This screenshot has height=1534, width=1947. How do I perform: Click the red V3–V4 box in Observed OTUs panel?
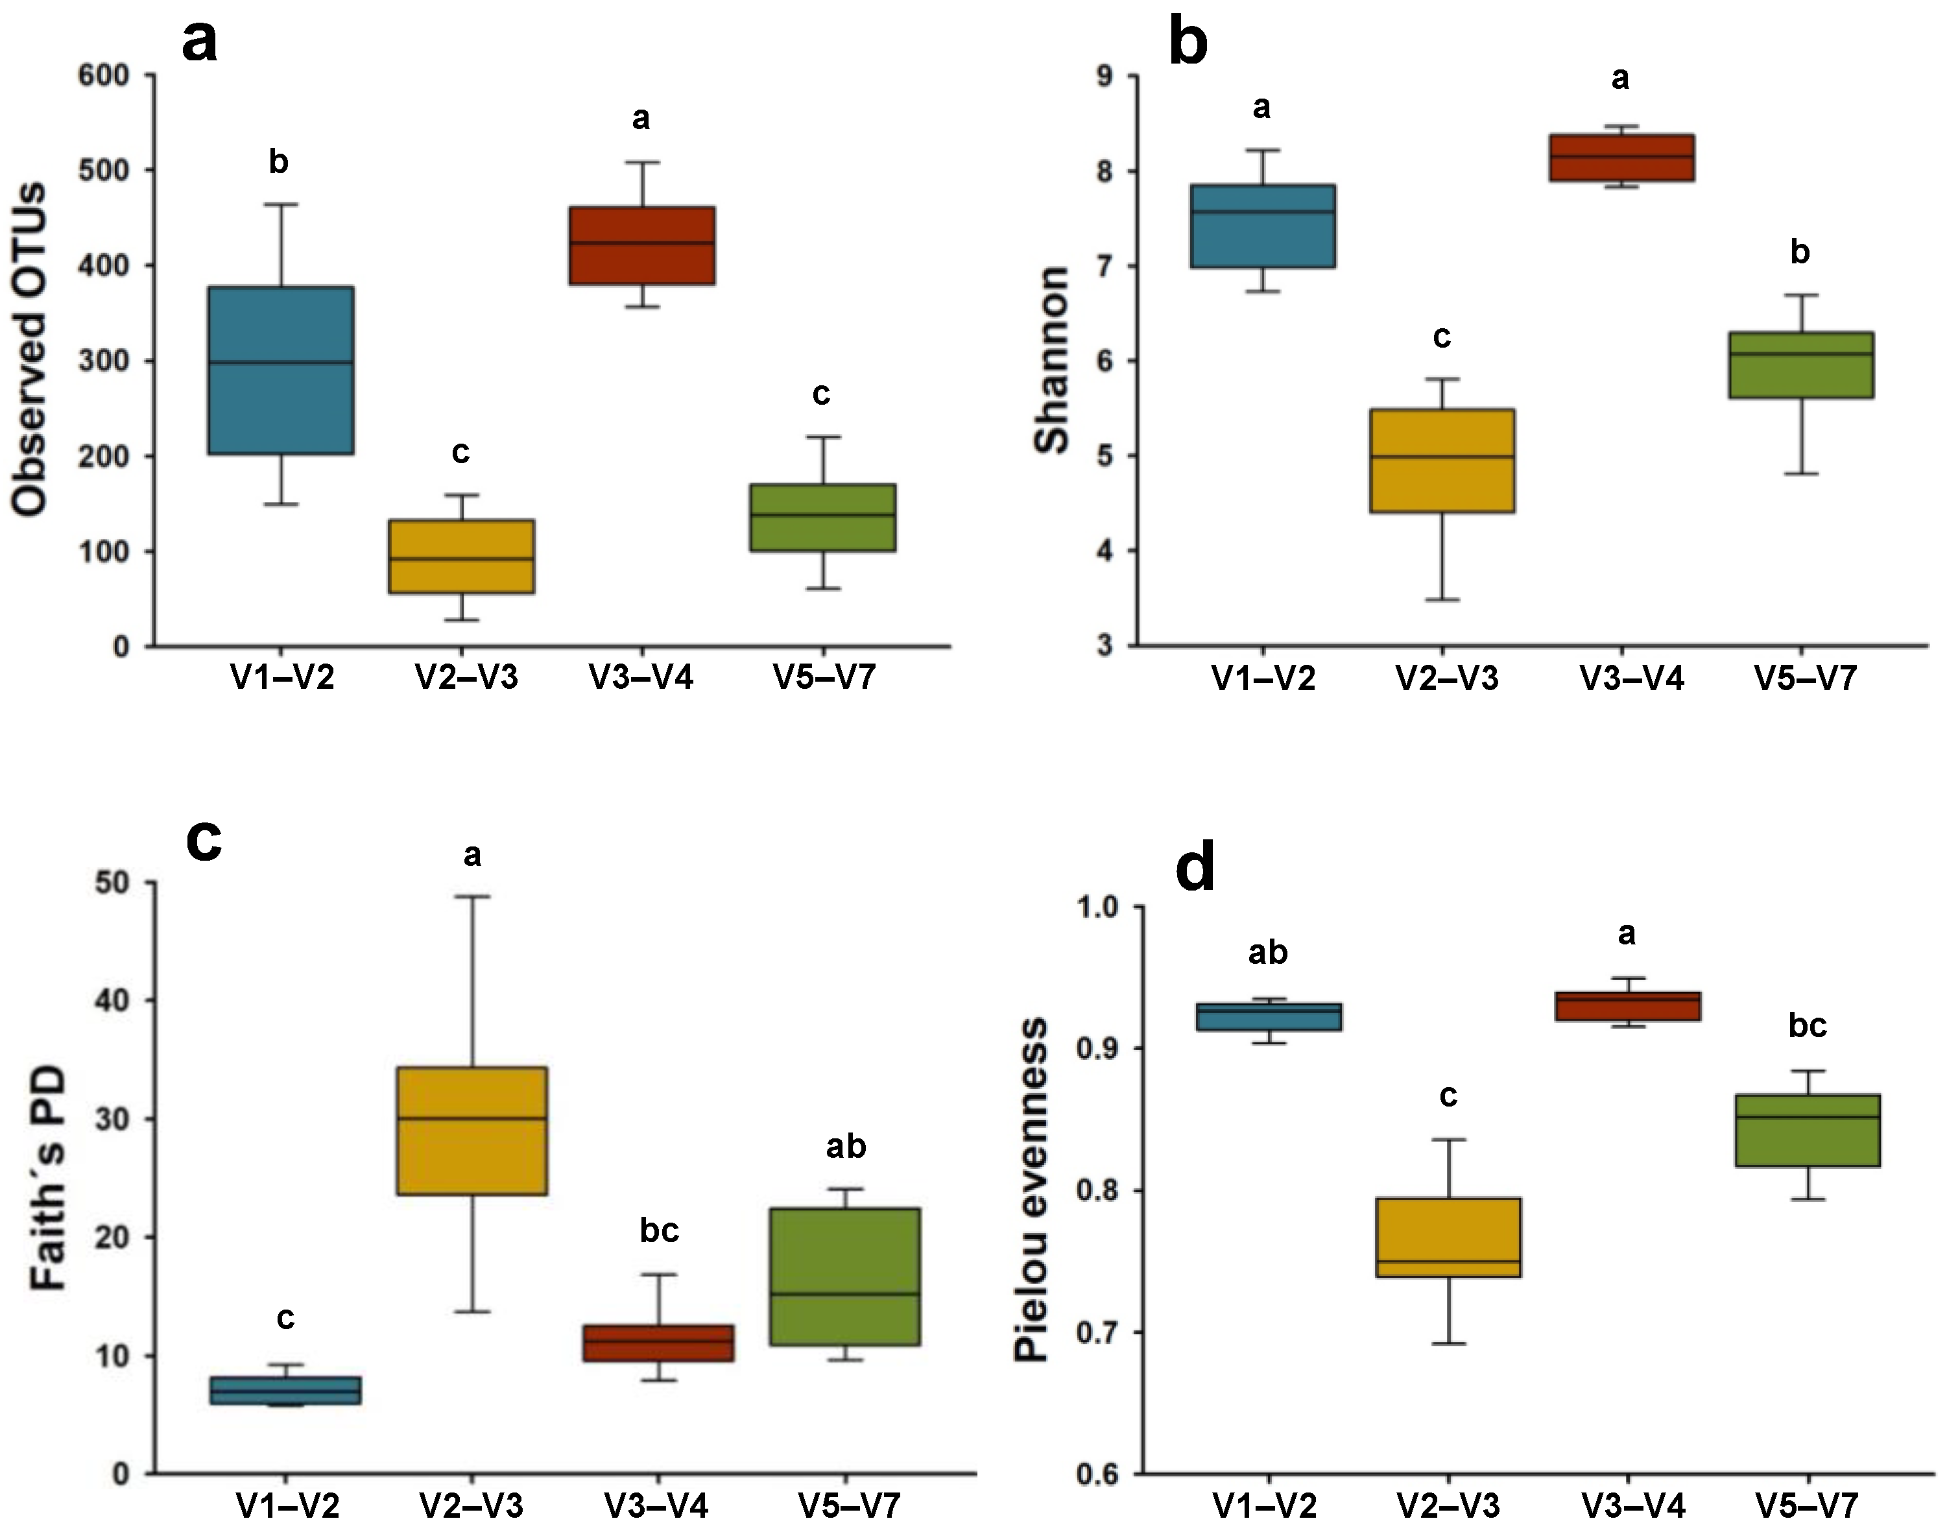[x=641, y=245]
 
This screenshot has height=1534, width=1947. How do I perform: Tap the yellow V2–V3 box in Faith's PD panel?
[x=472, y=1131]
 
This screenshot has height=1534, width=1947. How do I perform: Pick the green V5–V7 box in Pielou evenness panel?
[x=1807, y=1130]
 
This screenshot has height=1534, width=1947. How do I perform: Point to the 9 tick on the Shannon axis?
[x=1104, y=77]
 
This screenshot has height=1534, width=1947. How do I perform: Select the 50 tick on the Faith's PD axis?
[x=112, y=883]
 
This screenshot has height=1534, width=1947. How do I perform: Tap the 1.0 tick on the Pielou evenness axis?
[x=1098, y=907]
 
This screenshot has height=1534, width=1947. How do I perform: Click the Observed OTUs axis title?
[x=30, y=350]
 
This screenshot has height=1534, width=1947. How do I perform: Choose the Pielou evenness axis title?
[x=1031, y=1190]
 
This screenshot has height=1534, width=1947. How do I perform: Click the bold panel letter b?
[x=1188, y=42]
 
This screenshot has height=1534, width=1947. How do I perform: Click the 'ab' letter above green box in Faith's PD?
[x=845, y=1147]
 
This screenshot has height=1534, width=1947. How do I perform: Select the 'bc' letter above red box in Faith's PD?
[x=658, y=1230]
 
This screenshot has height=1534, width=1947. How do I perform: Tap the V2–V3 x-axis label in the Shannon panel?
[x=1447, y=678]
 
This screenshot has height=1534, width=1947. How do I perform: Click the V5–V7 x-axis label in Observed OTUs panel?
[x=824, y=677]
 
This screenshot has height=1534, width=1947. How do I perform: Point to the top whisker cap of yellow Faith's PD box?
[x=472, y=896]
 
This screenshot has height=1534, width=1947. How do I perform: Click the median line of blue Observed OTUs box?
[x=281, y=362]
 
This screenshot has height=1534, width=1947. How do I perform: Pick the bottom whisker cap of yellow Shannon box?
[x=1442, y=599]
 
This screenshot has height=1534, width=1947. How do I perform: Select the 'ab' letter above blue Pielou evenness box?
[x=1267, y=953]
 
